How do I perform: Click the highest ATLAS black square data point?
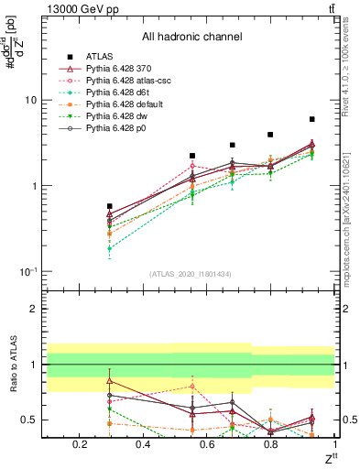tap(311, 119)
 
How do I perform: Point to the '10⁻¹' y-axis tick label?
tap(27, 272)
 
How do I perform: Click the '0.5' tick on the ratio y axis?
tap(28, 420)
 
